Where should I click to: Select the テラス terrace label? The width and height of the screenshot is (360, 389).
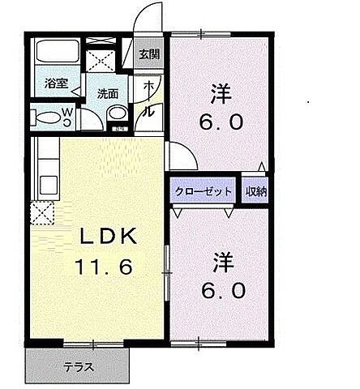[79, 366]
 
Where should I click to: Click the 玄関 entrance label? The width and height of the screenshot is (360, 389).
[149, 55]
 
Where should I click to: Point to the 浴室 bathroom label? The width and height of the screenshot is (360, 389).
[56, 83]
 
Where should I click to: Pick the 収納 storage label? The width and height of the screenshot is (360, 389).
[256, 192]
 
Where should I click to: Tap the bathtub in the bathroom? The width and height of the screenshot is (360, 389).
[56, 56]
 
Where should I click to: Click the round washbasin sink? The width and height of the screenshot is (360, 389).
[118, 113]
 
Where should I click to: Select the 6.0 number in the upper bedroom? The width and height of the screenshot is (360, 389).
[219, 123]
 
